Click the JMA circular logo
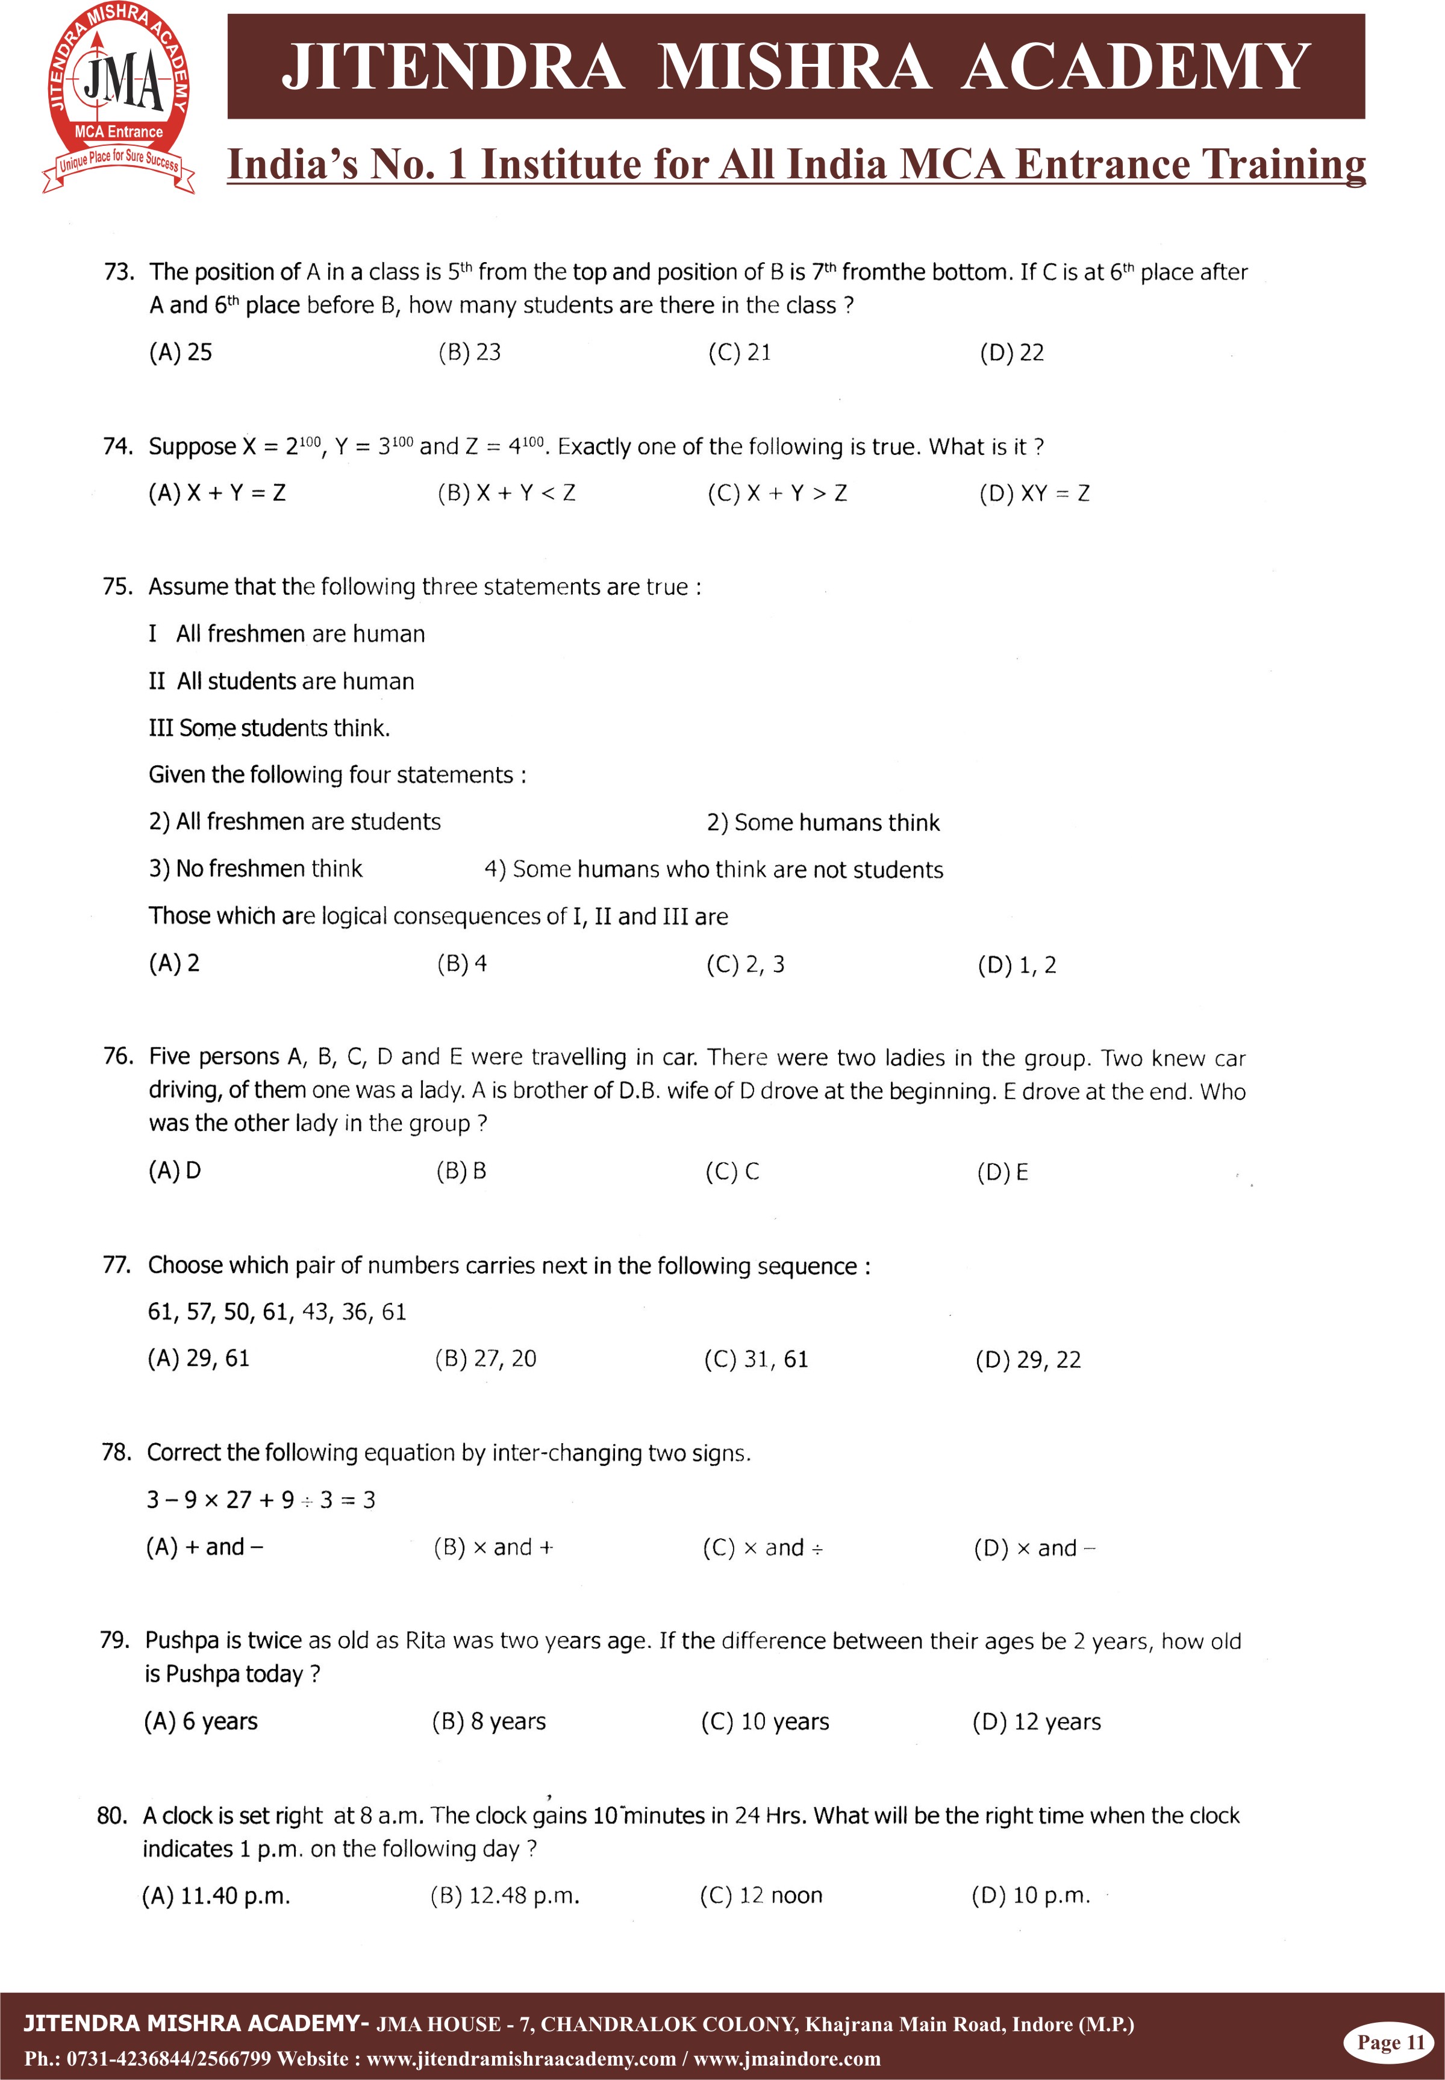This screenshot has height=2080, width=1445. click(119, 97)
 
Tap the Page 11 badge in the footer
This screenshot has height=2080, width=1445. click(1390, 2043)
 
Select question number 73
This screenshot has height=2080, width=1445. click(119, 272)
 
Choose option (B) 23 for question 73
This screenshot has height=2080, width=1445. click(469, 352)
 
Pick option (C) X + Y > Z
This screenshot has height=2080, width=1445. click(777, 493)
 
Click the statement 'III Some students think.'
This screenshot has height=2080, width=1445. click(269, 728)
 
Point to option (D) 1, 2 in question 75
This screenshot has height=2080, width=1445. click(1016, 965)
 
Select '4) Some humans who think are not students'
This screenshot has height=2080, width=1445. click(713, 870)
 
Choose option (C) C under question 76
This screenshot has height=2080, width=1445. click(732, 1172)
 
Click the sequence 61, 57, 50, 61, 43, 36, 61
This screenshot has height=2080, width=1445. click(277, 1312)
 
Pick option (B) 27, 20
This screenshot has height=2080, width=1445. click(485, 1359)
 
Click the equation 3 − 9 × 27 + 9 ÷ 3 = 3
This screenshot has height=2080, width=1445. click(261, 1500)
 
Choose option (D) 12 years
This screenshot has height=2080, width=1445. click(1036, 1722)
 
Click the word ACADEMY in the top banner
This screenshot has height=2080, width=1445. click(1135, 67)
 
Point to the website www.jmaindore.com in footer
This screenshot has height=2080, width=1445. click(787, 2059)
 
